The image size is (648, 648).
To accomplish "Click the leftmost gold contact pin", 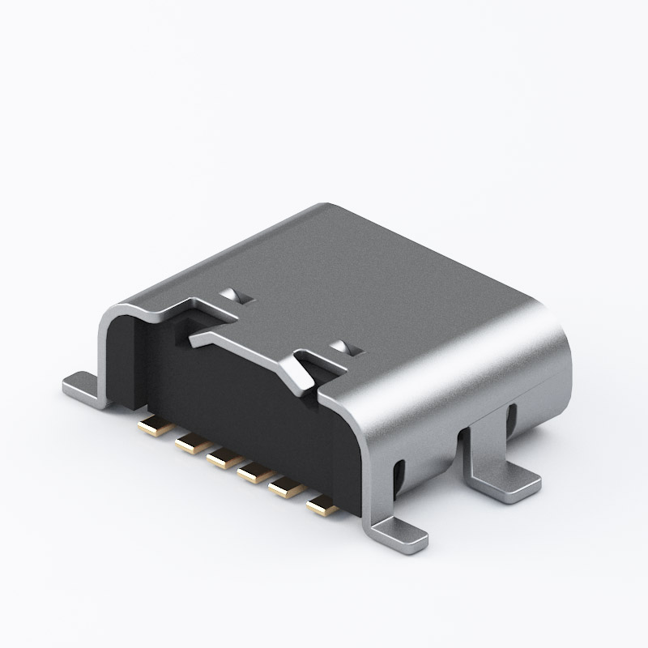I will (x=150, y=424).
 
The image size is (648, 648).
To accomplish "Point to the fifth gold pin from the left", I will (x=285, y=488).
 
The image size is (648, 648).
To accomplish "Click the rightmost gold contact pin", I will (x=322, y=506).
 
